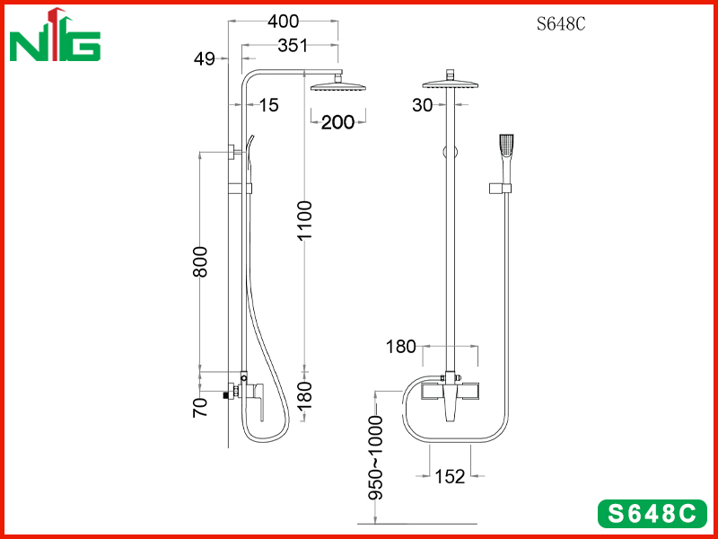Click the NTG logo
click(55, 35)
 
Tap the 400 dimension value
click(283, 21)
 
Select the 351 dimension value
click(293, 46)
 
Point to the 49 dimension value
click(205, 58)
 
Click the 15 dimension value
click(269, 105)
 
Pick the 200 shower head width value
click(338, 122)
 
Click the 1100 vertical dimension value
click(304, 220)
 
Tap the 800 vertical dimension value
click(200, 262)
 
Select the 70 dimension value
click(200, 408)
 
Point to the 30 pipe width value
click(422, 105)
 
